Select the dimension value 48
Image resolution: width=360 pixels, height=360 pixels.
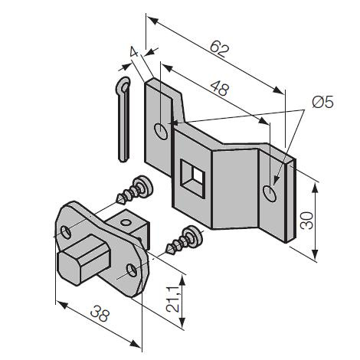(x=220, y=89)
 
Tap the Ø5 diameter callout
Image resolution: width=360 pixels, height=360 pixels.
(x=322, y=103)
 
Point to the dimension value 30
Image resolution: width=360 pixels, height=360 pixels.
(x=307, y=221)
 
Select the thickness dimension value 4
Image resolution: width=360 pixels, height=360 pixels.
(x=134, y=52)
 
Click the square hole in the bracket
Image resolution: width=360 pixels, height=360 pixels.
(x=192, y=178)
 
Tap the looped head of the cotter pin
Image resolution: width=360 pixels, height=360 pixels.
(x=123, y=86)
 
